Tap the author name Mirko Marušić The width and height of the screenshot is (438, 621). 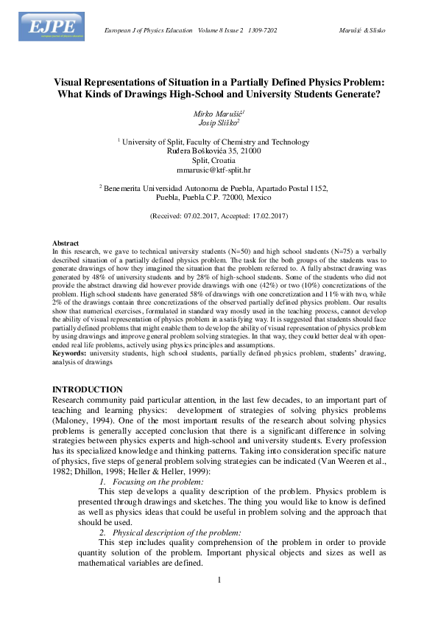(x=219, y=113)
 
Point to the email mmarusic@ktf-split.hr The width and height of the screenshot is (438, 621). (x=219, y=169)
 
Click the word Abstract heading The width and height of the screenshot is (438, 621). (x=66, y=243)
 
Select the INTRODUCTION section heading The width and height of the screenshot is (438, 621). (x=88, y=389)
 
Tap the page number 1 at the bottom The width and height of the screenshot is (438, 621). (x=219, y=579)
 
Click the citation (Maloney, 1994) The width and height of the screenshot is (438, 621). (x=81, y=420)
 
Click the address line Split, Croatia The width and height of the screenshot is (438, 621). (x=219, y=159)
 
